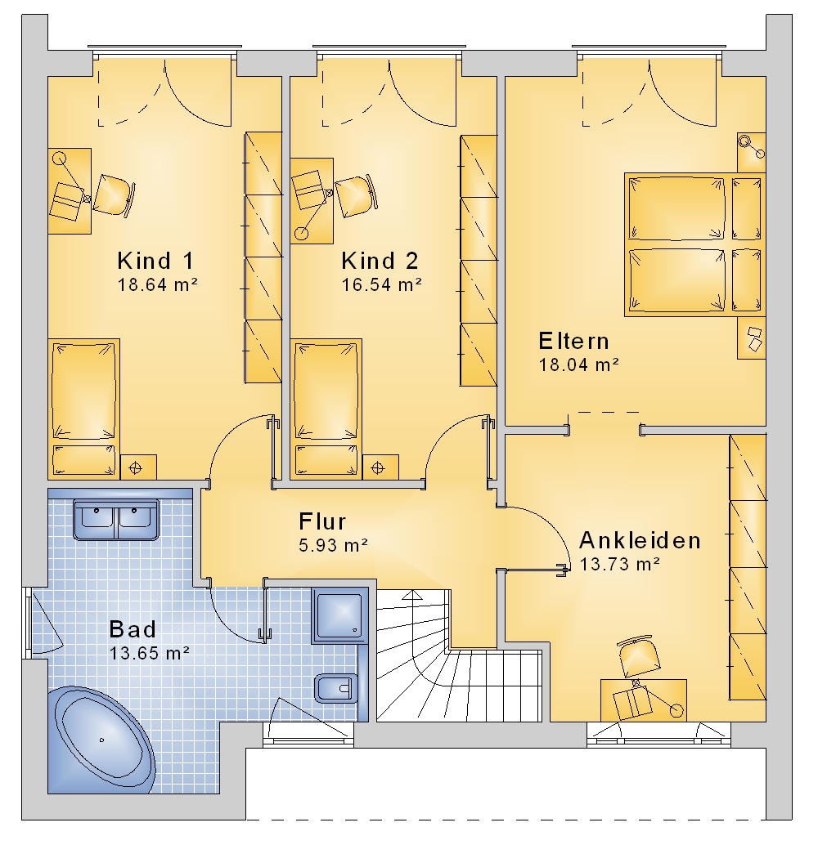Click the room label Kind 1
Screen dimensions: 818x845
click(x=155, y=261)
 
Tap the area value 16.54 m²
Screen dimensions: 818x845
click(x=381, y=284)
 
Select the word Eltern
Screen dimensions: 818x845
click(x=574, y=341)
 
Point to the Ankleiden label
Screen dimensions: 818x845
click(x=640, y=540)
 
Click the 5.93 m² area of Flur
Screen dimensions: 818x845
click(x=334, y=545)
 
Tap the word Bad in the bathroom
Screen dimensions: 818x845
click(x=133, y=629)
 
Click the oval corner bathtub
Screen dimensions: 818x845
click(x=101, y=740)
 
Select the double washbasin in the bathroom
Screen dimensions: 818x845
click(x=116, y=520)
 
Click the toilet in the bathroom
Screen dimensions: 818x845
click(x=334, y=688)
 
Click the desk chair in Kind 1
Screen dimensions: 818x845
click(x=114, y=195)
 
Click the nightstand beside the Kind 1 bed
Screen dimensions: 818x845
click(x=138, y=467)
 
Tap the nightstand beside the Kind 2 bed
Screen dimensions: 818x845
click(x=380, y=467)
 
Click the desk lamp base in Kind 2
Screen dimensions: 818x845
click(x=301, y=234)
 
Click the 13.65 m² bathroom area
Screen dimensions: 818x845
click(x=150, y=653)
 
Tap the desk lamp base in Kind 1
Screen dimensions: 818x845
click(x=59, y=159)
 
